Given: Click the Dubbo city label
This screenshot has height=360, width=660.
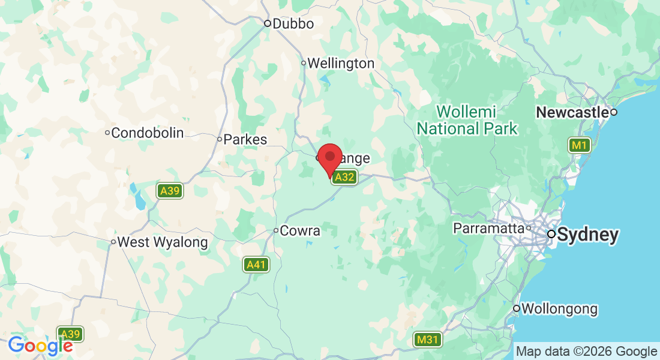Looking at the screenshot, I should [293, 24].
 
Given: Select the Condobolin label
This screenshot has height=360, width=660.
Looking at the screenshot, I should [148, 133].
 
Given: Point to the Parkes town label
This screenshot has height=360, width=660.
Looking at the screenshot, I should [245, 139].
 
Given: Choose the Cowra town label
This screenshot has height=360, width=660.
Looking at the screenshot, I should [301, 230].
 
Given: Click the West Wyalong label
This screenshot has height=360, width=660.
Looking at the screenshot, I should [162, 242].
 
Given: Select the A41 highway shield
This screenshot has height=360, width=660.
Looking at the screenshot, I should [256, 264].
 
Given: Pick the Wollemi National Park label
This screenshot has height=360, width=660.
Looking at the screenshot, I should [467, 120].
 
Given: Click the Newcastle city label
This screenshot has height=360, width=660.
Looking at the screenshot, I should [572, 112].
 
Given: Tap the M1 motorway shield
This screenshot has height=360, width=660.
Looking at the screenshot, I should [580, 145].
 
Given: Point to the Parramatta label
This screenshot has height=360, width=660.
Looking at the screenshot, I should [488, 229].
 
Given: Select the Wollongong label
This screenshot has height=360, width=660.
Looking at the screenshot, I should [559, 309].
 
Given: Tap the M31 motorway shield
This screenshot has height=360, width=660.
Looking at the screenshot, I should [428, 340].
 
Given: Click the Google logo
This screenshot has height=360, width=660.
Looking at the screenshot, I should [40, 345].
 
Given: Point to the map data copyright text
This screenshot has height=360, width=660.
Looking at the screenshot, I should [586, 351].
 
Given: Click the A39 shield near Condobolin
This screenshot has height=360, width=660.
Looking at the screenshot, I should [170, 191].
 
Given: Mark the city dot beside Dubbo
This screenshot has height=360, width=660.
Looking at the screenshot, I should [268, 24].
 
